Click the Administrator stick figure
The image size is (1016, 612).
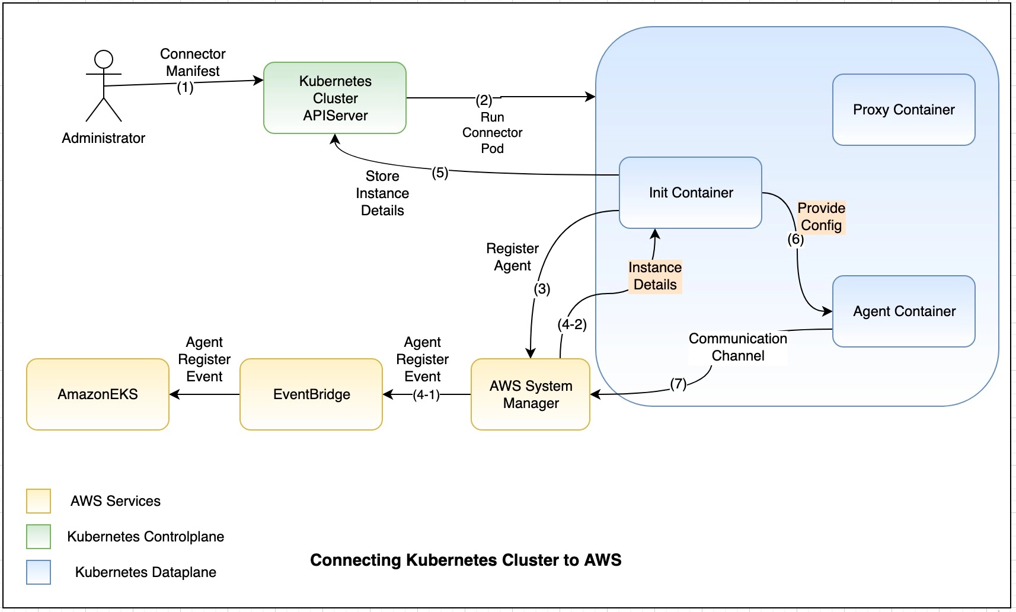tap(104, 86)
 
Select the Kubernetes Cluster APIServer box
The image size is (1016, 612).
tap(335, 98)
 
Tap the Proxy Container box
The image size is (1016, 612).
tap(903, 110)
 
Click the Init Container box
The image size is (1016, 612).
tap(691, 193)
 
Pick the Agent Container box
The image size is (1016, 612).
tap(903, 311)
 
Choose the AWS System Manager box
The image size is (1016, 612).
tap(531, 394)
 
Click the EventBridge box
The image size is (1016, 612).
tap(311, 394)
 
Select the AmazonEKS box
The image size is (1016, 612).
tap(98, 394)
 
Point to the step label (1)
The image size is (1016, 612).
tap(186, 88)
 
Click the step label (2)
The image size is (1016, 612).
tap(484, 100)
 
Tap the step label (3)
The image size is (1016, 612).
tap(542, 289)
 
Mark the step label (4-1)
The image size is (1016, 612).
tap(426, 395)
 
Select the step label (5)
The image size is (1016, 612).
tap(440, 173)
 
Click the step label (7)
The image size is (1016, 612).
tap(678, 384)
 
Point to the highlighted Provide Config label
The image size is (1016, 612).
tap(821, 216)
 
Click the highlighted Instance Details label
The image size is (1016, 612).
tap(655, 276)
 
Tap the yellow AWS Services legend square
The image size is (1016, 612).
tap(39, 501)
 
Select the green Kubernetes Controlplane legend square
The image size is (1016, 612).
tap(39, 537)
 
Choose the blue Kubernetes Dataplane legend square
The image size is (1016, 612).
tap(39, 572)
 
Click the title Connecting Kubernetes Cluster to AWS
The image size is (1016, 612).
tap(466, 560)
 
